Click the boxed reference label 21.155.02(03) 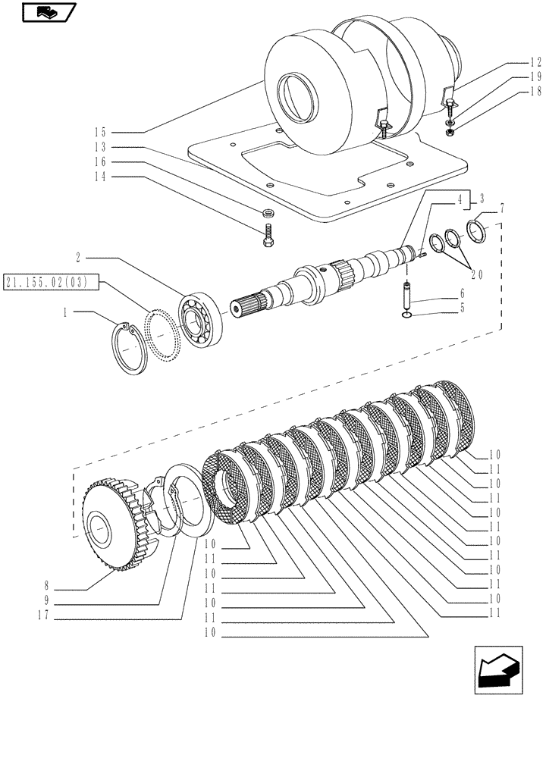45,283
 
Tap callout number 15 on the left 101,131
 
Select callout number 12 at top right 535,64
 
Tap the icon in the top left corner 48,12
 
